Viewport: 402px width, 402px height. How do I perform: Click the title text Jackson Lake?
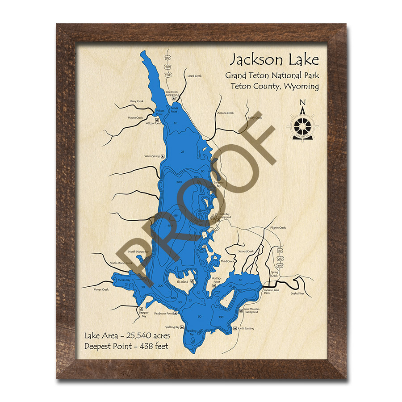pos(274,59)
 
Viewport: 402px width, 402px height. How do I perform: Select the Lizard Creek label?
pos(194,76)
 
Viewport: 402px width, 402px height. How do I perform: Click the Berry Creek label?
pos(137,101)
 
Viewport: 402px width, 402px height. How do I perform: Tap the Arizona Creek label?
pos(225,113)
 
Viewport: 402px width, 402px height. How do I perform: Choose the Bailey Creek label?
pos(255,118)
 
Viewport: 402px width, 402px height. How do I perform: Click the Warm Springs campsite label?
pos(152,156)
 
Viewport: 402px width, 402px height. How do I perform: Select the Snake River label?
pos(297,293)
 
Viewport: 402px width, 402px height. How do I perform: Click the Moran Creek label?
pos(101,289)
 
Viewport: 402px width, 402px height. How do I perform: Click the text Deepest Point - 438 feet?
pos(126,346)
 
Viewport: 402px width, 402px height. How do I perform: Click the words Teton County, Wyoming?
pos(275,86)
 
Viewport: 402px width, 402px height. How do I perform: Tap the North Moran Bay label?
pos(138,252)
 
